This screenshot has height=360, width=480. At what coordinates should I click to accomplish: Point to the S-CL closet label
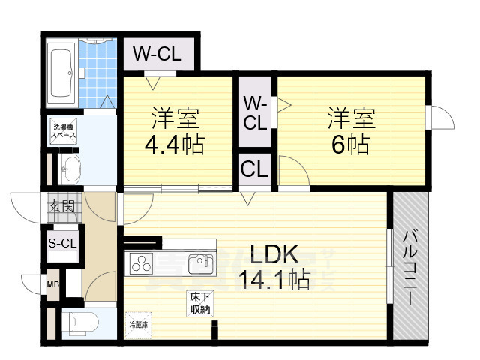click(x=61, y=242)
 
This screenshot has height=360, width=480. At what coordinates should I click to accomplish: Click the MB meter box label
click(x=53, y=284)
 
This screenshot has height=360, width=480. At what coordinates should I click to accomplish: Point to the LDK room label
click(x=271, y=253)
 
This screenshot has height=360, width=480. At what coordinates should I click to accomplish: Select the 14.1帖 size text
click(x=273, y=280)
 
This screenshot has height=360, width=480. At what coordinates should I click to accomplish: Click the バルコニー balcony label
click(x=410, y=266)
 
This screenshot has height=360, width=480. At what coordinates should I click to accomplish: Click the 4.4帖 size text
click(x=175, y=144)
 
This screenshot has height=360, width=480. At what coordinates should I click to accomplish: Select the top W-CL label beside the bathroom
click(x=156, y=54)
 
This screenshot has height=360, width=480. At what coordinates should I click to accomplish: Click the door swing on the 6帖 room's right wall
click(x=438, y=118)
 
